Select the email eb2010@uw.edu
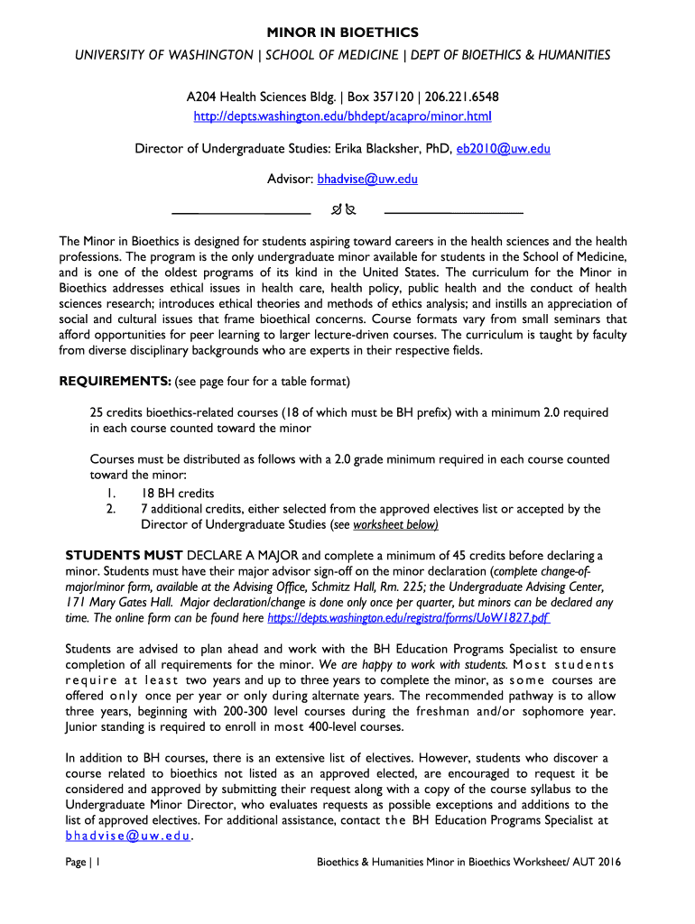pyautogui.click(x=503, y=148)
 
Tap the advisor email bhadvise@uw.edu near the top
pyautogui.click(x=366, y=179)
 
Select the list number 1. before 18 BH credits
pyautogui.click(x=110, y=493)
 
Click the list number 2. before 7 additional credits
pyautogui.click(x=110, y=509)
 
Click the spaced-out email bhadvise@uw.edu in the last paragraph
pyautogui.click(x=127, y=836)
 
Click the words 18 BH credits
pyautogui.click(x=177, y=493)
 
